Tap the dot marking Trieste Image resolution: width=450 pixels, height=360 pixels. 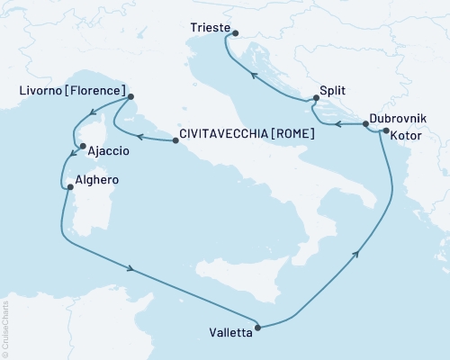234,34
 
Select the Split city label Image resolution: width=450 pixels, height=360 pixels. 333,91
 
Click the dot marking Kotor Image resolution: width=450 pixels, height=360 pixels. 385,132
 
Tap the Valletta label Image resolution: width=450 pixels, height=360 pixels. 224,328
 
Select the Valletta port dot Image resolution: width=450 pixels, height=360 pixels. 259,328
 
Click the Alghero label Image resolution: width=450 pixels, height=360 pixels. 100,180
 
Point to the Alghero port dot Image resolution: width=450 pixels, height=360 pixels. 69,187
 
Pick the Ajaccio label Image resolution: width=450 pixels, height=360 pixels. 108,151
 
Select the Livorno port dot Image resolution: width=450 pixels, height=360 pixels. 131,97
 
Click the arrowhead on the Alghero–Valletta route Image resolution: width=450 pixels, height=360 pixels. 133,268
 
